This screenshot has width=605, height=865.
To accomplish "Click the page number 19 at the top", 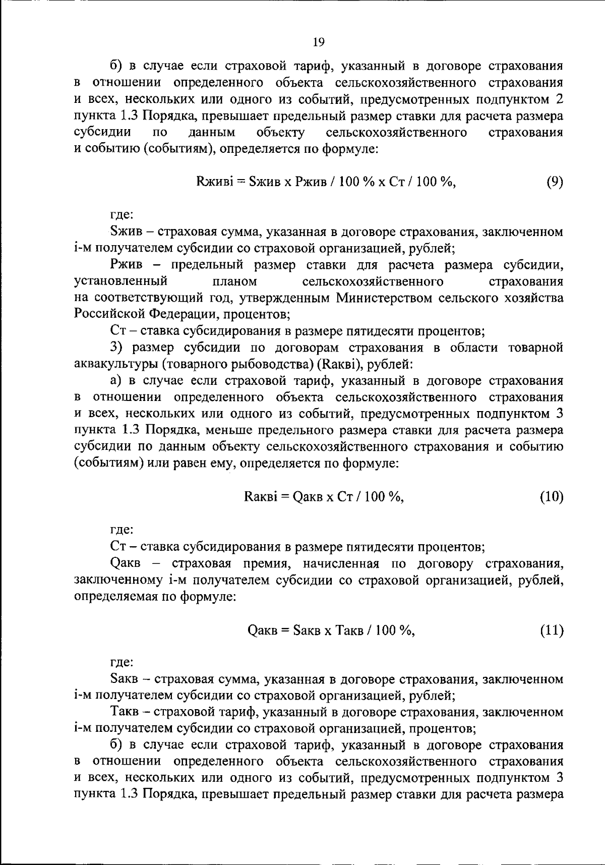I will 318,42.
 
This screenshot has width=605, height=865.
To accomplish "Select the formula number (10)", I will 552,497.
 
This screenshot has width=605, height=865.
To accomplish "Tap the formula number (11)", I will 552,630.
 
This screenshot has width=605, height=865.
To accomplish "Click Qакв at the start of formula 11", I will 263,630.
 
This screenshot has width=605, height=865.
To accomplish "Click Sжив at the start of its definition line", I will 125,232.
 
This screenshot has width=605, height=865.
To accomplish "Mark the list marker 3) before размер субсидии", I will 116,348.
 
